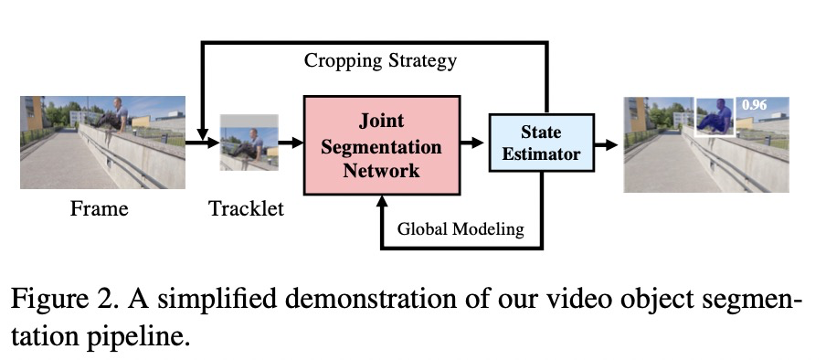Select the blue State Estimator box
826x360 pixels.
(x=542, y=143)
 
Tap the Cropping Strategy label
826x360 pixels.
(x=380, y=61)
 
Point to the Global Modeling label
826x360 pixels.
(x=461, y=228)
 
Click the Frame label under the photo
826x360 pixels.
(x=99, y=209)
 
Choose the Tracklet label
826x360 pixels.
(x=246, y=209)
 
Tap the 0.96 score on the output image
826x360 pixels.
(x=755, y=105)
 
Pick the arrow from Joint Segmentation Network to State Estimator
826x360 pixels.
(x=471, y=143)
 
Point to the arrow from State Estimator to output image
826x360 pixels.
(x=606, y=143)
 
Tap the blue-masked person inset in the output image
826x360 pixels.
(x=717, y=117)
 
